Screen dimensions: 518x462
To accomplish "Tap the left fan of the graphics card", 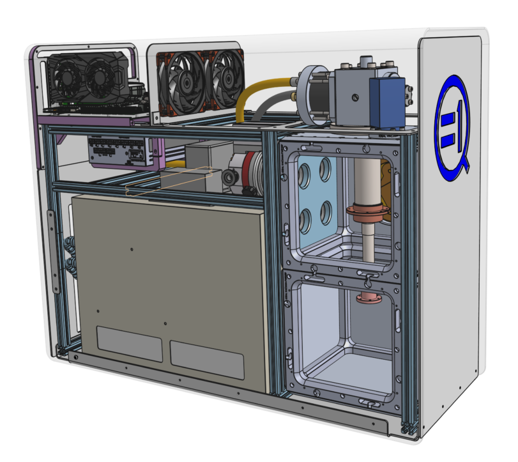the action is pyautogui.click(x=68, y=77).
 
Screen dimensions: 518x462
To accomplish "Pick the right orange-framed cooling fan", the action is pyautogui.click(x=225, y=79).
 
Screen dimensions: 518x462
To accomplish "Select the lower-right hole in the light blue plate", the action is pyautogui.click(x=326, y=213).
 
